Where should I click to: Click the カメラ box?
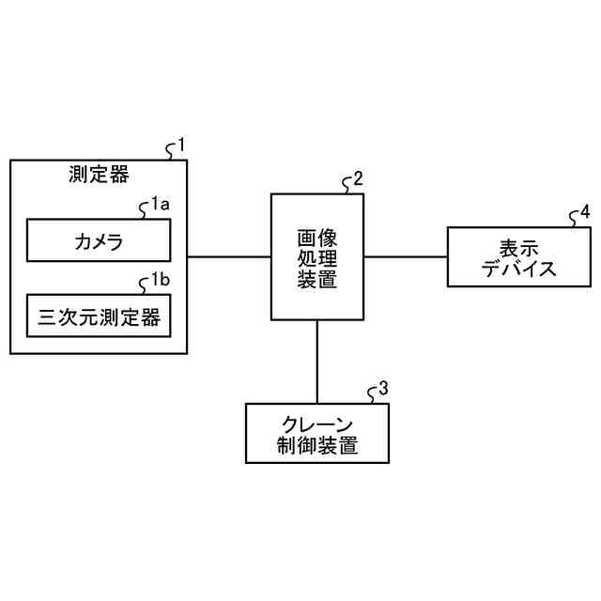point(99,241)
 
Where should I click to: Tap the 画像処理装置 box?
point(317,256)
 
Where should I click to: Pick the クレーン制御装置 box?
point(316,433)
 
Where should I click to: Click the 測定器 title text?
point(99,174)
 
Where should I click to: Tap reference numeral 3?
point(383,388)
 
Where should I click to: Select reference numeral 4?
point(585,212)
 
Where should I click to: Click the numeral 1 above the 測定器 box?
point(181,146)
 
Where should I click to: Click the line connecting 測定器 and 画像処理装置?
point(229,256)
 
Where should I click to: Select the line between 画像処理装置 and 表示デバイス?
point(405,256)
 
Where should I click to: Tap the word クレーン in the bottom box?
point(316,423)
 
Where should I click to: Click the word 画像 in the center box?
point(317,236)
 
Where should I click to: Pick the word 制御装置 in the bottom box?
point(316,444)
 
